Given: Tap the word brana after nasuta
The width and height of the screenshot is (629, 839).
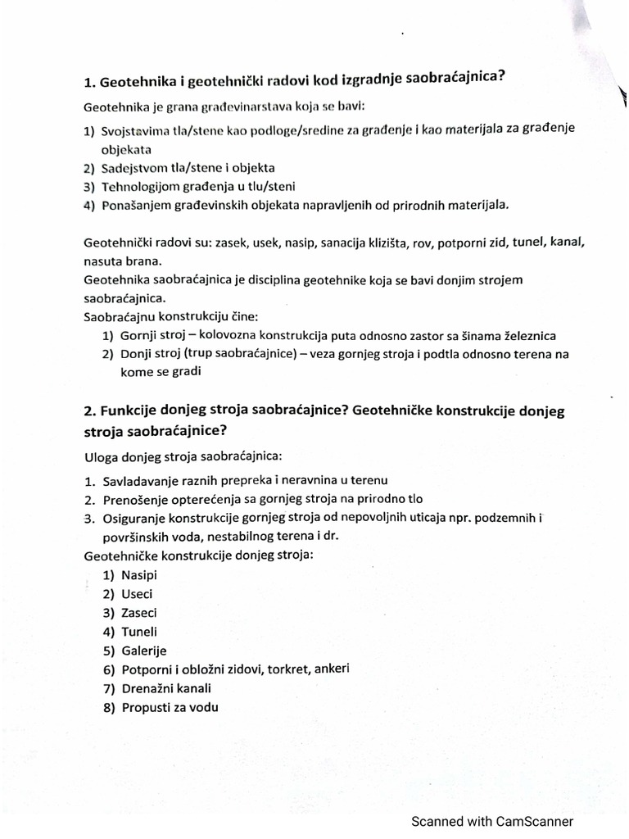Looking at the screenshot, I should pyautogui.click(x=143, y=261).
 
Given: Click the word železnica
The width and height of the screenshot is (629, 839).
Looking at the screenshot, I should pyautogui.click(x=526, y=336).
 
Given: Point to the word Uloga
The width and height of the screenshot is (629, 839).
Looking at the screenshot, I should pyautogui.click(x=101, y=455).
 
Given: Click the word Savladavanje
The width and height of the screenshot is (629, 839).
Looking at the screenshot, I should pyautogui.click(x=142, y=480).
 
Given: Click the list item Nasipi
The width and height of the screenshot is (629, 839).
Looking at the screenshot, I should pyautogui.click(x=139, y=575).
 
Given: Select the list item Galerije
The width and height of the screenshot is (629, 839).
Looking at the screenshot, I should pyautogui.click(x=143, y=651).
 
